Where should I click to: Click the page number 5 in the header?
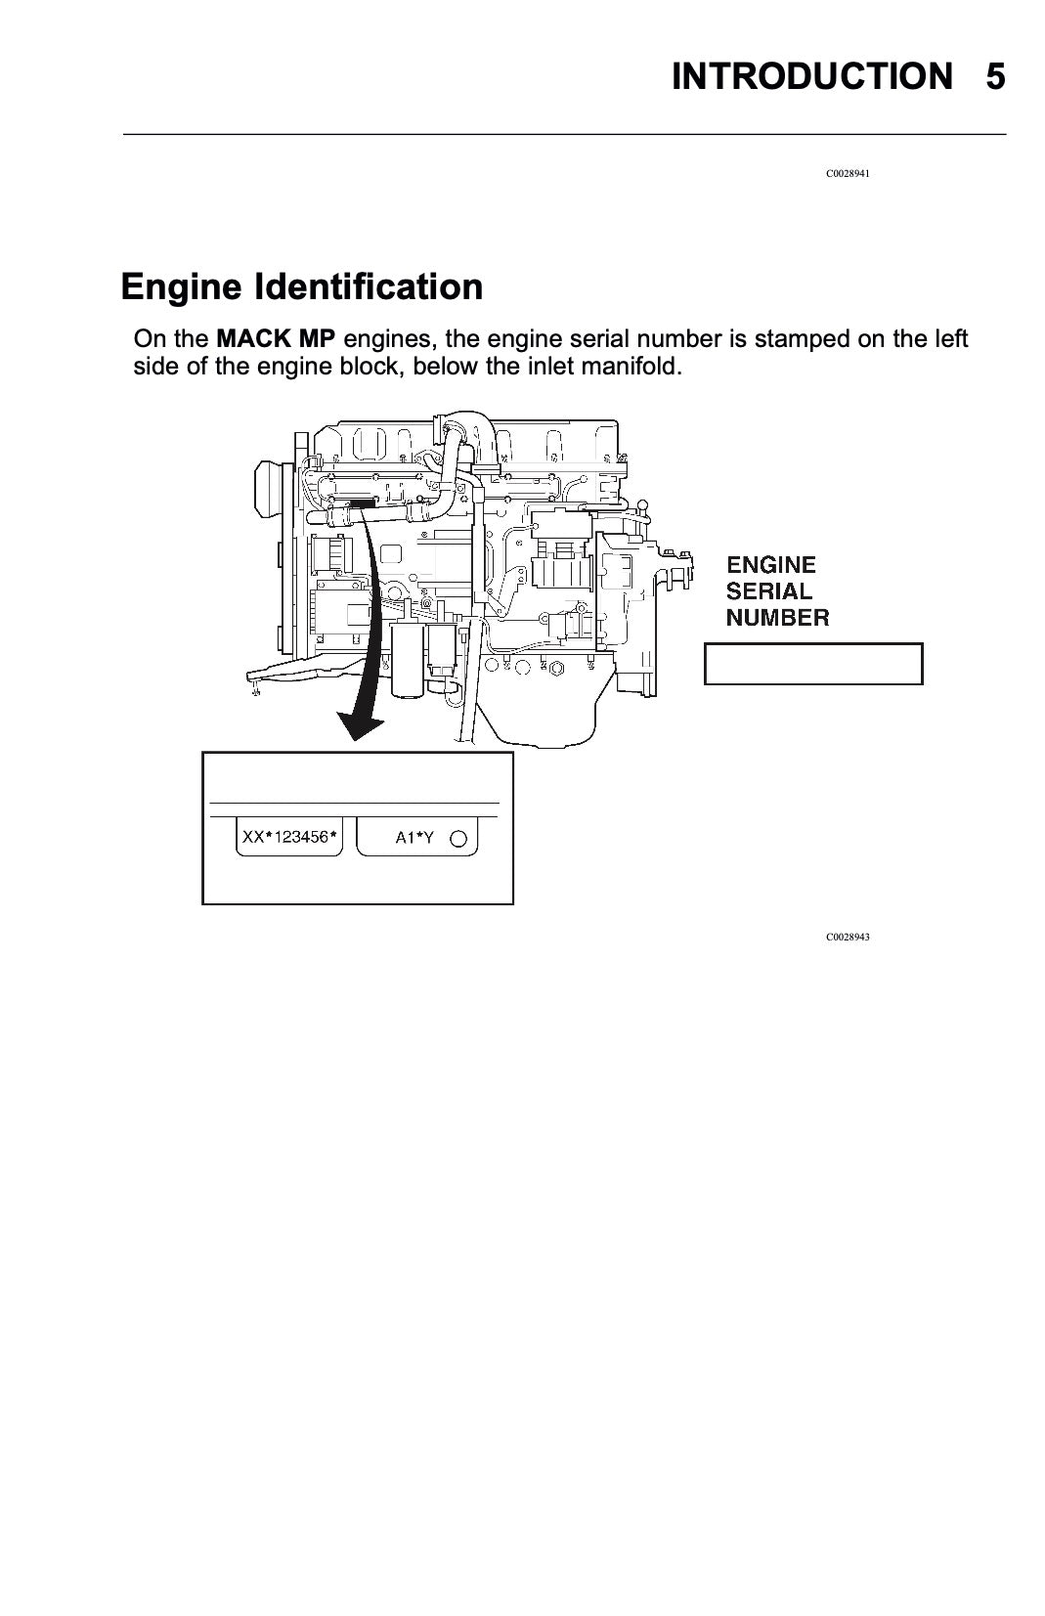(995, 76)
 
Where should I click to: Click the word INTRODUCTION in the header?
(812, 76)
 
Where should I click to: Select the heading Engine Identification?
(301, 286)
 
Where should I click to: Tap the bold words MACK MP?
(276, 338)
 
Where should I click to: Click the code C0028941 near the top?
(848, 174)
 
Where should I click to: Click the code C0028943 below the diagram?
(848, 938)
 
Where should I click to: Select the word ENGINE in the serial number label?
(771, 565)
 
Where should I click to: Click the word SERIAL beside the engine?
(768, 591)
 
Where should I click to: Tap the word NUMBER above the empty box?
(777, 618)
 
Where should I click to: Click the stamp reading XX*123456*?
(289, 838)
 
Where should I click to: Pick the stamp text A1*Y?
(414, 838)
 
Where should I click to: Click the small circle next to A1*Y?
(457, 839)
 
